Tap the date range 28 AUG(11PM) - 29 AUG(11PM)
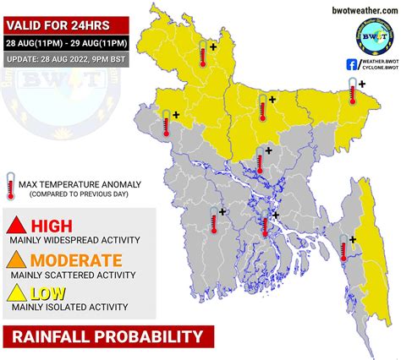point(66,42)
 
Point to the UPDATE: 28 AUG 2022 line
point(66,59)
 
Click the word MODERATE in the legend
point(76,260)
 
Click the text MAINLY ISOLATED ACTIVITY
point(63,308)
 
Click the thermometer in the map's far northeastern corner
point(351,92)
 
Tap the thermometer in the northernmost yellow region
point(203,57)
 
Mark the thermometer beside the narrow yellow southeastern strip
point(344,250)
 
